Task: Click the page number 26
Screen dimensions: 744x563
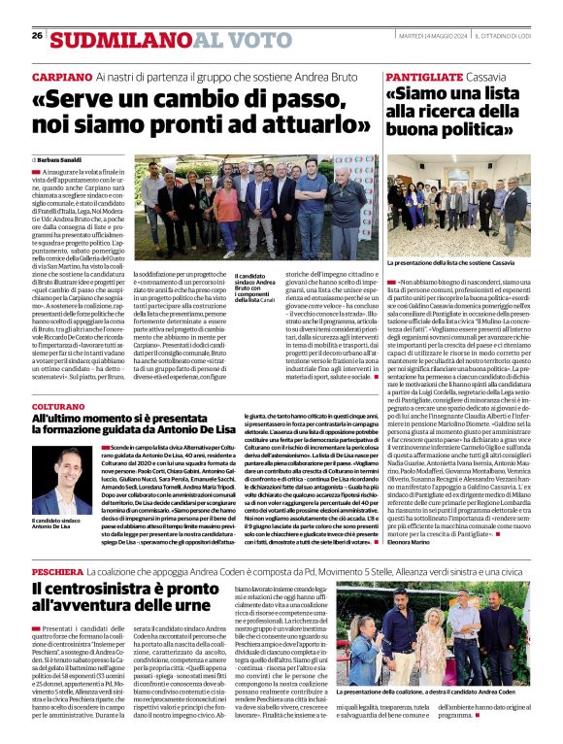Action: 37,36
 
